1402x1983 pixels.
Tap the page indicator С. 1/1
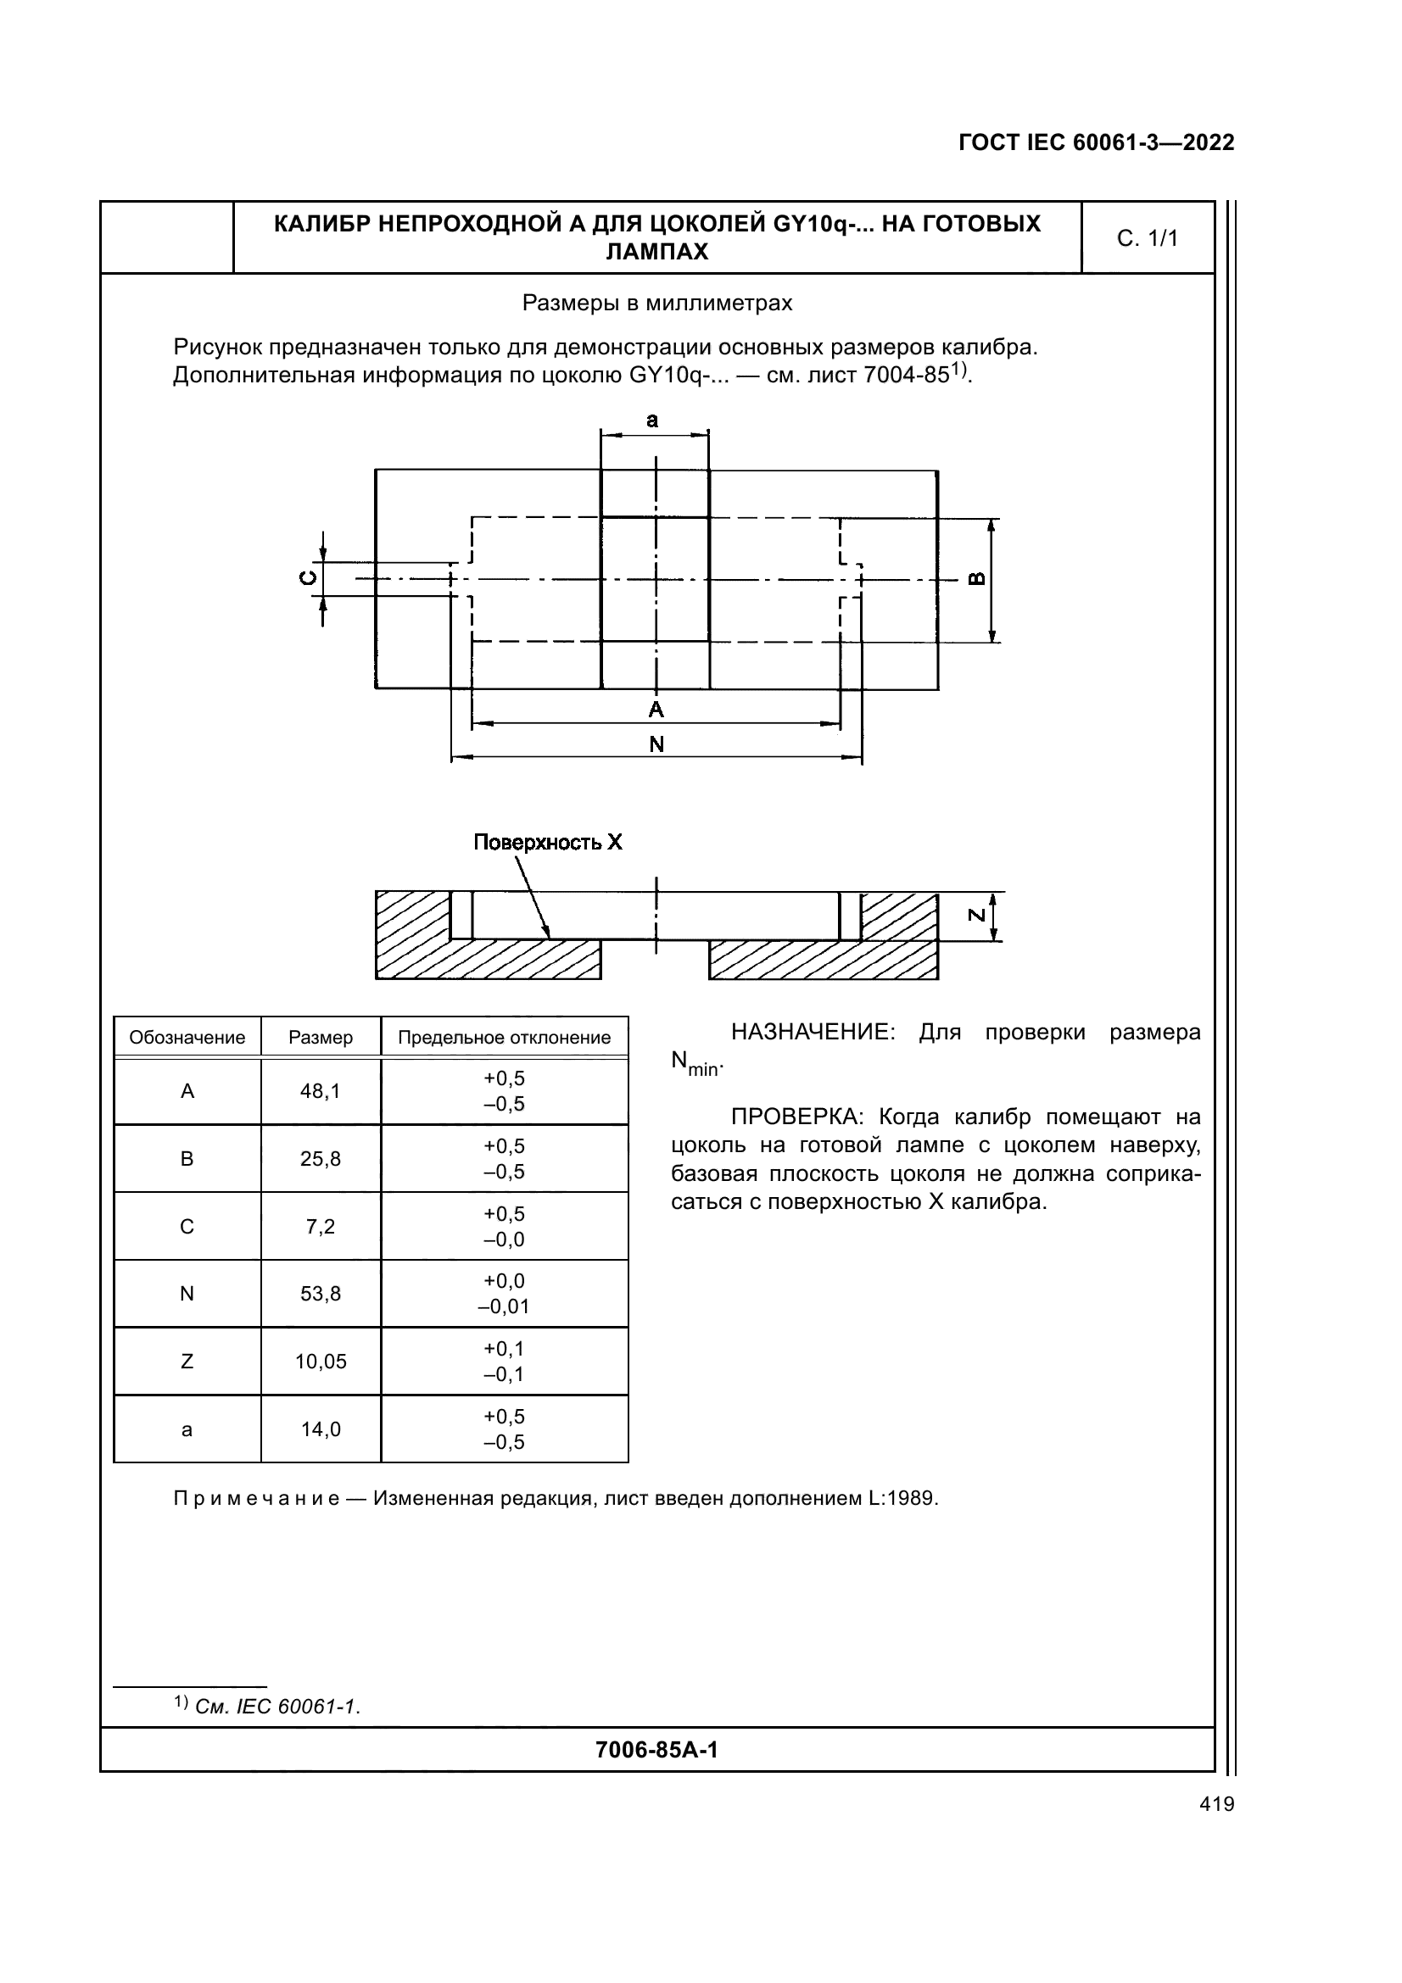pos(1147,238)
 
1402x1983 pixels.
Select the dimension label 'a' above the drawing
pos(652,421)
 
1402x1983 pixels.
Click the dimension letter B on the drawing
pos(976,579)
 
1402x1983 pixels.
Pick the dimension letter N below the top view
pos(656,744)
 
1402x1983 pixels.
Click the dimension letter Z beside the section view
pos(976,915)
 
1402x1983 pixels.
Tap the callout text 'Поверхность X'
pos(548,842)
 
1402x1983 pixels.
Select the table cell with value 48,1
pos(321,1092)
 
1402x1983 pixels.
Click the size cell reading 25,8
pos(321,1159)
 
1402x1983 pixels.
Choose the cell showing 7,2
pos(321,1227)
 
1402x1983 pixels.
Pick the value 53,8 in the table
pos(321,1294)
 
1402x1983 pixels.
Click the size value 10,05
pos(321,1362)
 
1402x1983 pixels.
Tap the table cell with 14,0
pos(321,1429)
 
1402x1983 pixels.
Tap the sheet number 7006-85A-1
pos(656,1750)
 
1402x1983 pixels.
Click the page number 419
pos(1216,1804)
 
